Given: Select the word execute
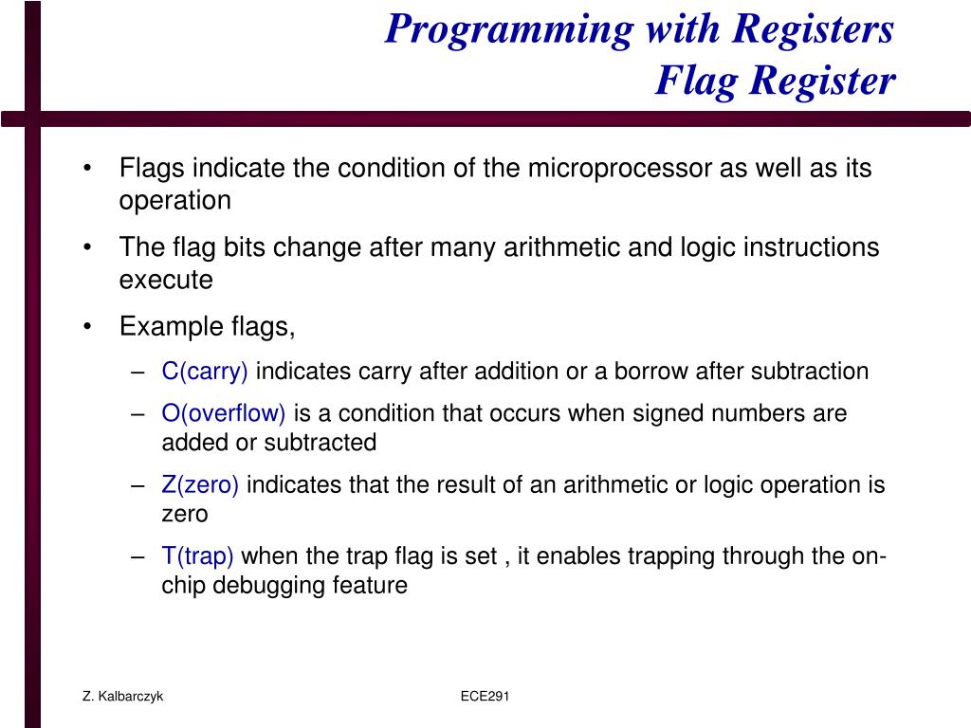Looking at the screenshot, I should (166, 281).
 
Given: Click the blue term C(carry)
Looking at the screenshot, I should (205, 372).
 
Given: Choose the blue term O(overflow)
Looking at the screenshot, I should (224, 414).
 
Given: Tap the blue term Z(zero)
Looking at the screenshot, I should (200, 485).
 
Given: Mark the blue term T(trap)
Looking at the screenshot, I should (197, 556).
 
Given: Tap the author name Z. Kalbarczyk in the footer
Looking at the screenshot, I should (122, 697).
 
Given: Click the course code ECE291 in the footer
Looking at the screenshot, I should (485, 697).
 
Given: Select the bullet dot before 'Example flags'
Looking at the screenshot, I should (88, 328).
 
